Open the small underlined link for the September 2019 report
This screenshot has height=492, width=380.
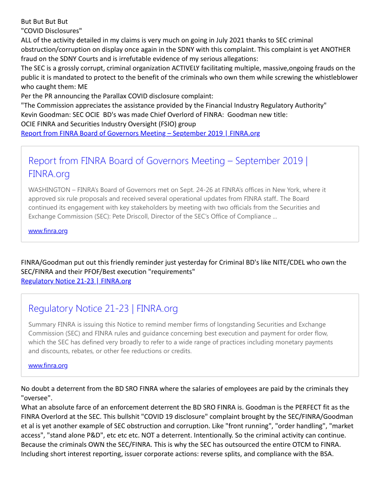[140, 133]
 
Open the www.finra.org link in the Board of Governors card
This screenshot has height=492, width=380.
[48, 231]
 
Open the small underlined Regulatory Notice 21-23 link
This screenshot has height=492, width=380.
[76, 281]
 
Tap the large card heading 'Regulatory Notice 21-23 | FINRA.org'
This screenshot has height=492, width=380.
[103, 308]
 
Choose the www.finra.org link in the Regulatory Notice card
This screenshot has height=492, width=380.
[48, 365]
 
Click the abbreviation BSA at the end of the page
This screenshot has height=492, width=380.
[325, 454]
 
